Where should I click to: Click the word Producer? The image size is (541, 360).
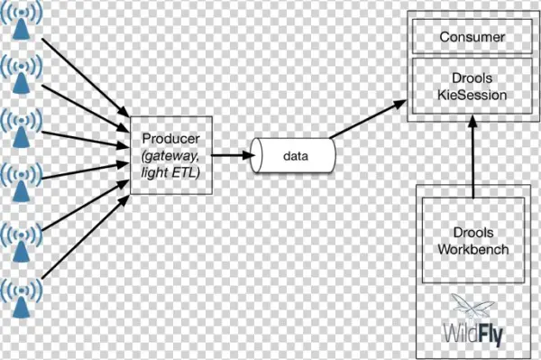171,140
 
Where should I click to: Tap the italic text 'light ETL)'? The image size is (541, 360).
171,172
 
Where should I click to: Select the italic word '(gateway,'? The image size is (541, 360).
171,156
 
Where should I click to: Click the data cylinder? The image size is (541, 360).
293,155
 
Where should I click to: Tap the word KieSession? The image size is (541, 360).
471,94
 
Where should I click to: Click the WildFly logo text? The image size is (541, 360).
472,332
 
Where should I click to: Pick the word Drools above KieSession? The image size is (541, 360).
471,78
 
